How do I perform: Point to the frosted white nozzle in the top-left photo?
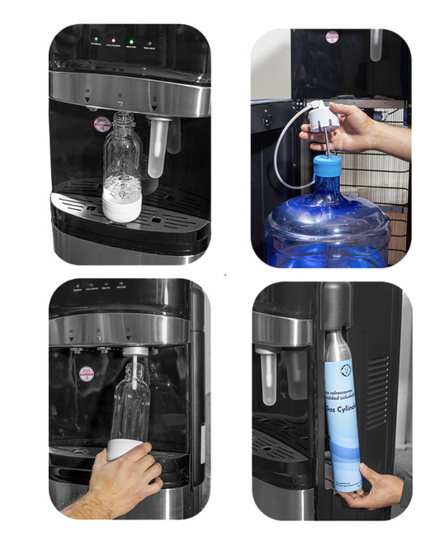pyautogui.click(x=155, y=149)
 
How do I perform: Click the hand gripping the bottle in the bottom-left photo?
pyautogui.click(x=124, y=479)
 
